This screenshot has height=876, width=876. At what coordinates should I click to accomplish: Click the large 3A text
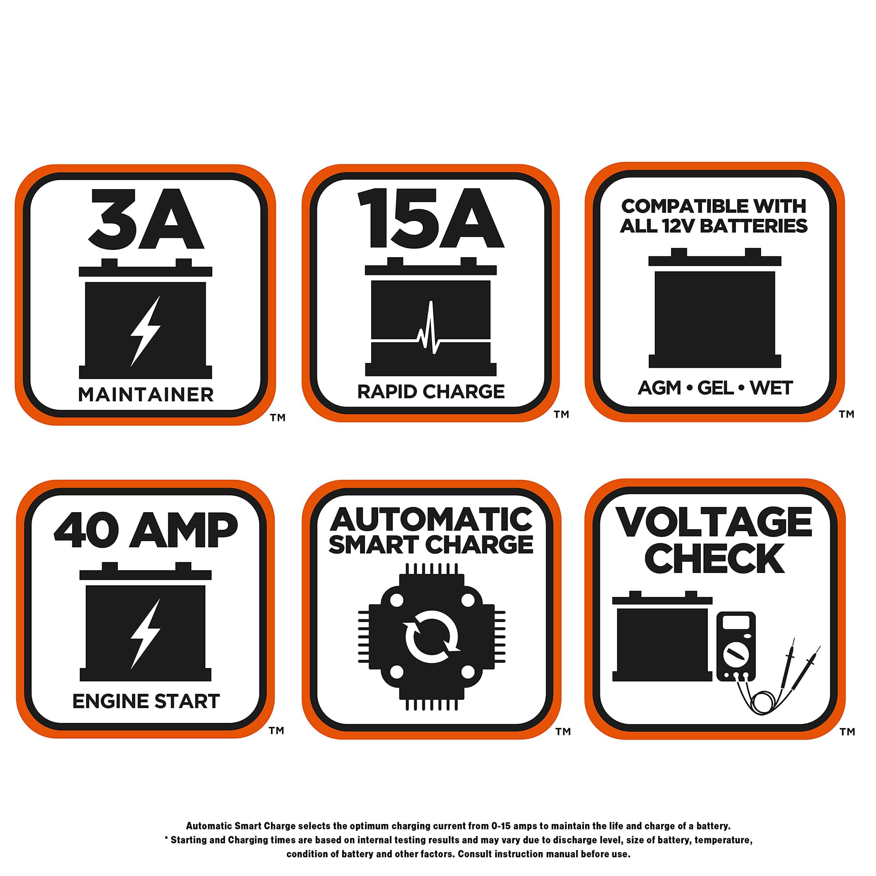click(146, 219)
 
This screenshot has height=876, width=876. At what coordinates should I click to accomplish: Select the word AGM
click(660, 388)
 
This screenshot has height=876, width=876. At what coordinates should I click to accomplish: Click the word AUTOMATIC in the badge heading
click(431, 520)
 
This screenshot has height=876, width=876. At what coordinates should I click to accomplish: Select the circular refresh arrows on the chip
click(431, 637)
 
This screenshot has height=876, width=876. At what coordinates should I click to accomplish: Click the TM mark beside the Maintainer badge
click(278, 417)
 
